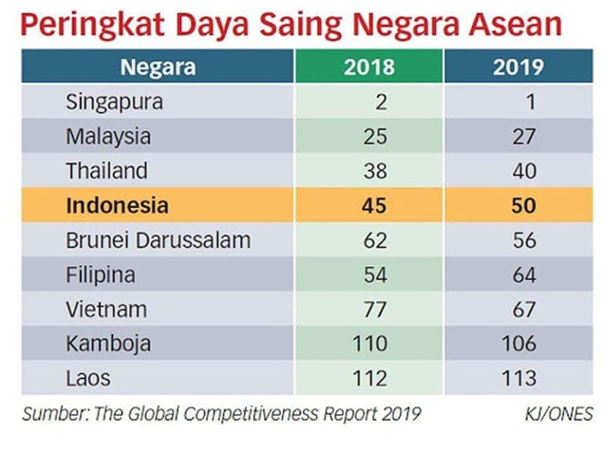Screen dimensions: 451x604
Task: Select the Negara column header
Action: click(158, 67)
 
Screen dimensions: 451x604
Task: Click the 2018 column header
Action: click(369, 67)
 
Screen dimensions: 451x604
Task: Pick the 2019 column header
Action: click(518, 67)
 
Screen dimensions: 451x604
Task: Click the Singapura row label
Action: click(115, 102)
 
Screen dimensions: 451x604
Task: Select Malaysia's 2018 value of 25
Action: click(376, 136)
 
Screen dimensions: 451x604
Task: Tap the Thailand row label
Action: click(106, 171)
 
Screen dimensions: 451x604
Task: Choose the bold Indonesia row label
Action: click(117, 205)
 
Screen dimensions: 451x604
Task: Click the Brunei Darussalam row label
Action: click(158, 240)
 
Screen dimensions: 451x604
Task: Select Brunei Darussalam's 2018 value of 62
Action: click(376, 240)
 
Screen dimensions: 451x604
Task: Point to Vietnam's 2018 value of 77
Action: click(376, 309)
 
